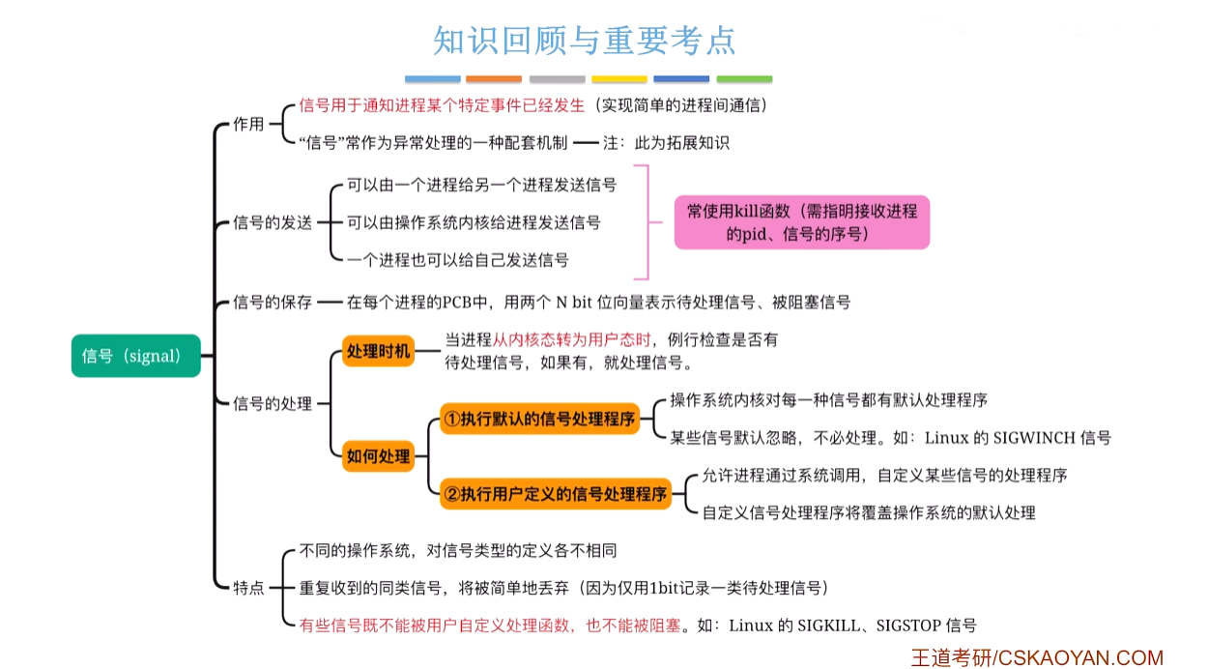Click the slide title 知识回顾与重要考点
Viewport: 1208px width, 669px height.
(585, 41)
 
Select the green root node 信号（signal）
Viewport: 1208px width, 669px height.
(135, 356)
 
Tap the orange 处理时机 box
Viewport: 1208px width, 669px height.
(379, 351)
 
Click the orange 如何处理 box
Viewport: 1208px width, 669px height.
(379, 456)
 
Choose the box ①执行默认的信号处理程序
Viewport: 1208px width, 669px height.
(539, 419)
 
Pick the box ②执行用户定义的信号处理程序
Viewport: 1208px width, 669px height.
(555, 494)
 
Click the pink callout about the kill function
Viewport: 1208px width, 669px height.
(801, 222)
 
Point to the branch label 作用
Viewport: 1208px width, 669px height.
(248, 124)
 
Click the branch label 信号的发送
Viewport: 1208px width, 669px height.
(273, 222)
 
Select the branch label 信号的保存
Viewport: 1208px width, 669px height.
(273, 302)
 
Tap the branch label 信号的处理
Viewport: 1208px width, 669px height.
(273, 403)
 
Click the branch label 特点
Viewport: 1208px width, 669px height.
(248, 587)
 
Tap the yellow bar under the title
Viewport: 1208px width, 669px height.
(619, 79)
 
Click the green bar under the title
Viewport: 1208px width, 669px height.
(744, 79)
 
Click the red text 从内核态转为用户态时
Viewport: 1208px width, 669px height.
(572, 340)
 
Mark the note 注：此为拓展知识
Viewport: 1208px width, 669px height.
(666, 142)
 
